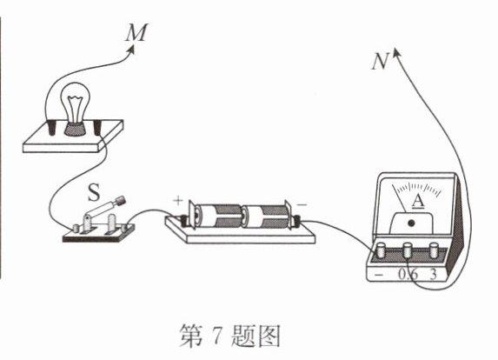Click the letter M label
coord(136,32)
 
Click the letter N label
coord(380,62)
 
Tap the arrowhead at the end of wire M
coord(132,50)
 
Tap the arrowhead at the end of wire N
coord(397,53)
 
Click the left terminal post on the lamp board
coord(51,127)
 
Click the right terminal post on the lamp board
coord(99,128)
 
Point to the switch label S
coord(94,192)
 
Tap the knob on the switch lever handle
coord(120,201)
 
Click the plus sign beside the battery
coord(178,200)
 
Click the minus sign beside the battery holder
coord(302,204)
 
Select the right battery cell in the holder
coord(266,217)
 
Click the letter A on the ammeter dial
coord(418,201)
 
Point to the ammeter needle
coord(399,198)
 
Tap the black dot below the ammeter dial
coord(412,223)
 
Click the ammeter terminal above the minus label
coord(380,250)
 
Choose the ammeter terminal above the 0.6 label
coord(408,251)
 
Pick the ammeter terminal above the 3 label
coord(434,250)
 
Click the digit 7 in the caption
coord(216,336)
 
